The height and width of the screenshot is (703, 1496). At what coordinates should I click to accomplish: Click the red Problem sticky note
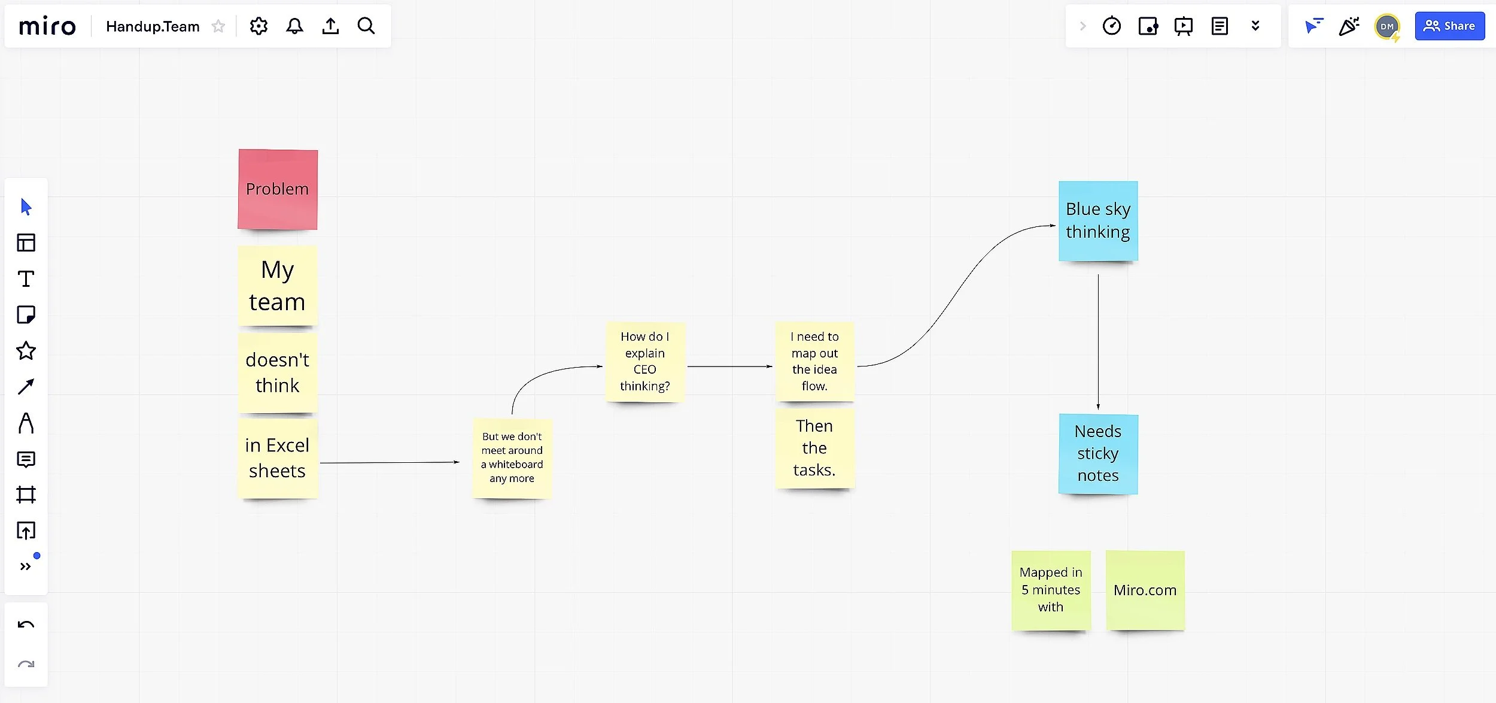tap(278, 189)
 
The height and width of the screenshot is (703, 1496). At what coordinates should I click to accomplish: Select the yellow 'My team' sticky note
tap(278, 286)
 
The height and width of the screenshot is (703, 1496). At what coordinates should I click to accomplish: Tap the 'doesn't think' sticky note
tap(278, 372)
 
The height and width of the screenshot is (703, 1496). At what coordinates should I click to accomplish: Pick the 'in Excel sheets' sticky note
tap(278, 458)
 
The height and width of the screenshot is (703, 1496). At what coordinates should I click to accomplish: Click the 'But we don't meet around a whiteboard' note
tap(512, 457)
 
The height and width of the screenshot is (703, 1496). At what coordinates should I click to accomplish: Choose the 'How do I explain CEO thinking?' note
tap(645, 362)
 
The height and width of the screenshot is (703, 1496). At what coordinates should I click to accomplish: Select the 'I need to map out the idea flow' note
tap(814, 362)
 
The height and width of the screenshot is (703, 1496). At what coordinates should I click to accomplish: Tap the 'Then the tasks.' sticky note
tap(814, 448)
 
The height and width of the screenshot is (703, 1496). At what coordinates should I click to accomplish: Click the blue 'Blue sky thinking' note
tap(1098, 221)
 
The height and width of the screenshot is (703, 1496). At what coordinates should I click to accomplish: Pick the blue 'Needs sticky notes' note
tap(1098, 453)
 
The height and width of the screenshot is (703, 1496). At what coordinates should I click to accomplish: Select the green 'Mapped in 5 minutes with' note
tap(1051, 590)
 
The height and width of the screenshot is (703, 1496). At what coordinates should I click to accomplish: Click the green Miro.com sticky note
tap(1145, 590)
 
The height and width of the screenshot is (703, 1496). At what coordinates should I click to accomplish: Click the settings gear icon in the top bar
tap(259, 26)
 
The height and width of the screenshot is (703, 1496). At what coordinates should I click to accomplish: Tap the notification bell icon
tap(294, 26)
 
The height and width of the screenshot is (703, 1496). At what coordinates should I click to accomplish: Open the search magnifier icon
tap(366, 26)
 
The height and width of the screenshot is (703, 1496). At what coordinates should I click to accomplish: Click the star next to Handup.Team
tap(218, 26)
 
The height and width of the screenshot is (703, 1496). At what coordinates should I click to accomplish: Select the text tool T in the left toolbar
tap(26, 279)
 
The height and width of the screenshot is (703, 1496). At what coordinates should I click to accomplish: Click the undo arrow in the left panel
tap(26, 625)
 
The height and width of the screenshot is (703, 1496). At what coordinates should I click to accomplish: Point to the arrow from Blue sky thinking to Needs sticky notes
tap(1098, 341)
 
